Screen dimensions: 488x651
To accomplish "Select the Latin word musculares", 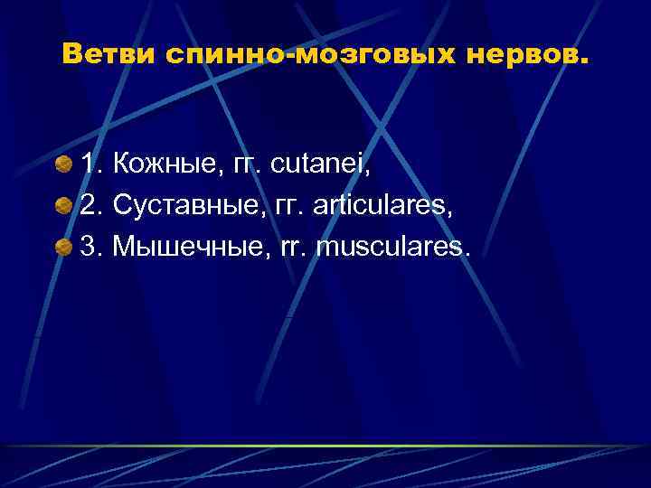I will point(391,247).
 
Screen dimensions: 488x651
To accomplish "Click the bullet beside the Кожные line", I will point(63,166).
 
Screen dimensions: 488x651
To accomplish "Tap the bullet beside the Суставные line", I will point(63,207).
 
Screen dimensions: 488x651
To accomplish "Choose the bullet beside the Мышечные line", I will point(63,247).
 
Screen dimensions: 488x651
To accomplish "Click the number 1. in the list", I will point(92,166).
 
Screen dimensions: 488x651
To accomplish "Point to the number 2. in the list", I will point(92,207).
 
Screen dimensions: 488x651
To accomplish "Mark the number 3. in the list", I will point(92,247).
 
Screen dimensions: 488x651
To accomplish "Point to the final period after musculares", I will point(467,254).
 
